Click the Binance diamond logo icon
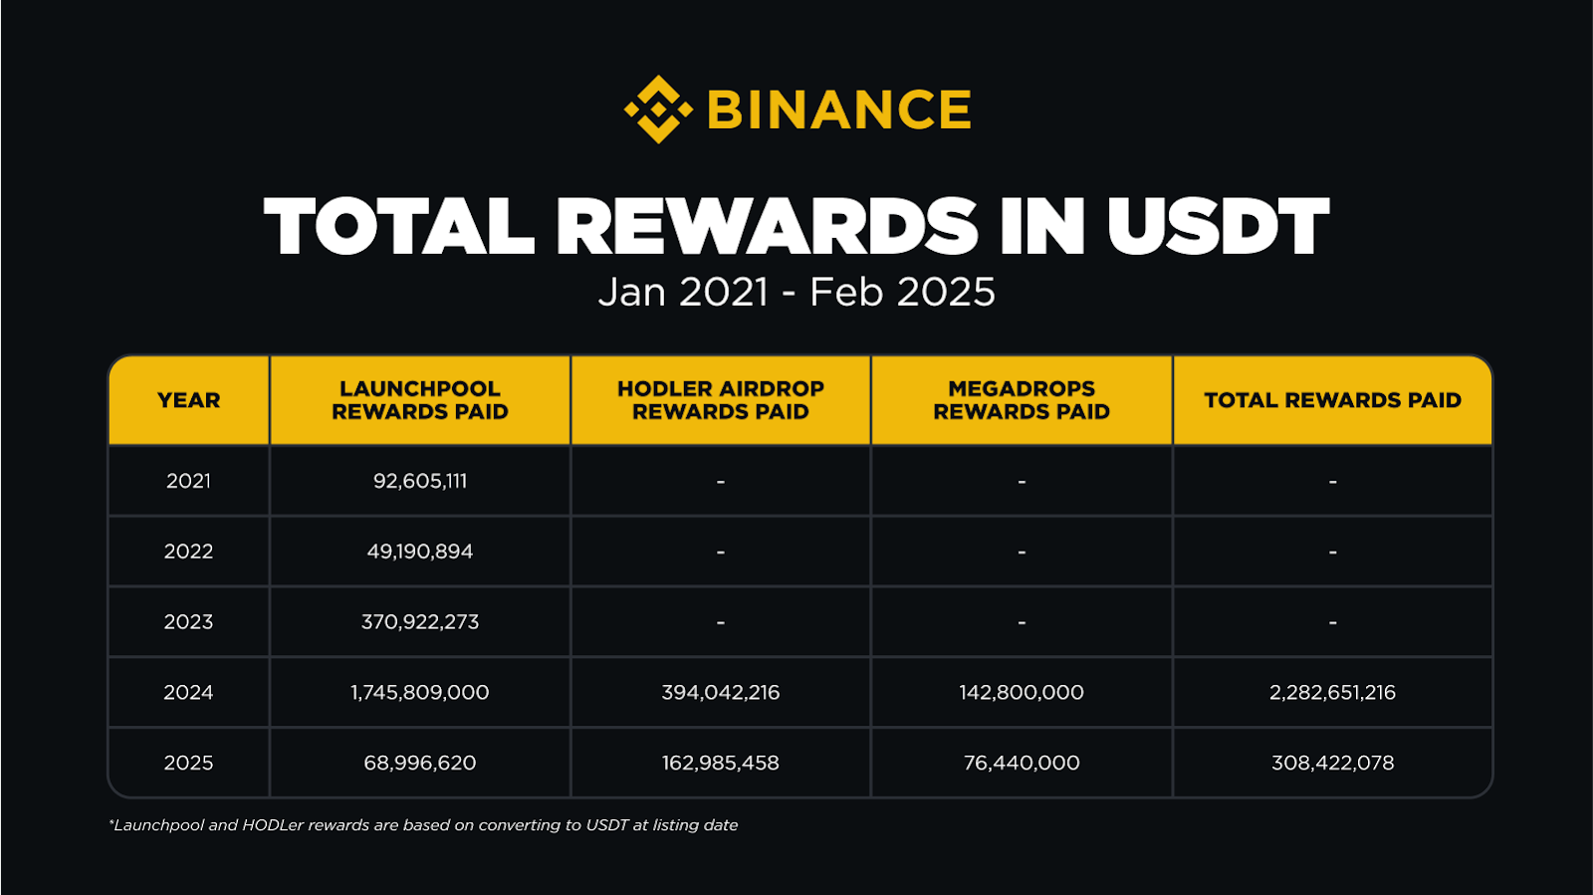click(658, 110)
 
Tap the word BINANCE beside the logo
click(839, 110)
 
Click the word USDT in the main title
click(1218, 225)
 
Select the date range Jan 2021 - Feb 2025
click(796, 292)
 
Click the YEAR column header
click(188, 400)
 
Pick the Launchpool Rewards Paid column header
click(419, 400)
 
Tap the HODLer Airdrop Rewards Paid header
click(721, 400)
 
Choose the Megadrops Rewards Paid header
click(1022, 400)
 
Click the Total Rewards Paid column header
click(1332, 400)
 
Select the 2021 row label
click(188, 481)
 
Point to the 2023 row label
click(188, 622)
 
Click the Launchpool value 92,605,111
click(419, 481)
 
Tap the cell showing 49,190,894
click(419, 552)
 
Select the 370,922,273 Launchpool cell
click(419, 622)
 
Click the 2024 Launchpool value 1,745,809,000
click(419, 692)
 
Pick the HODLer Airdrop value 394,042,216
click(721, 692)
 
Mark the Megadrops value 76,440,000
click(1022, 763)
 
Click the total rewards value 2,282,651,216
click(1332, 692)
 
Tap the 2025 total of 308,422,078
click(1332, 763)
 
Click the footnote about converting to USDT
click(423, 825)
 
